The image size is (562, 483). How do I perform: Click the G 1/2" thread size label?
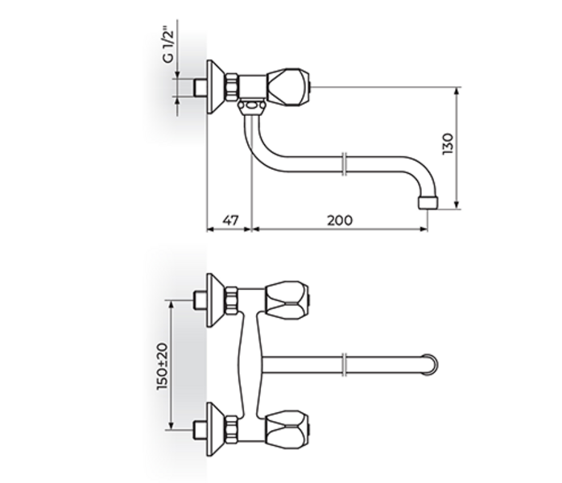click(x=168, y=47)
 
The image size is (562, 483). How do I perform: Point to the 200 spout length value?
click(x=339, y=219)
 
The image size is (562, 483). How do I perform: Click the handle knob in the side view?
click(x=287, y=84)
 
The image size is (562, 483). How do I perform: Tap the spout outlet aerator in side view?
click(x=428, y=199)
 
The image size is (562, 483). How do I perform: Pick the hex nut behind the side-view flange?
click(x=232, y=86)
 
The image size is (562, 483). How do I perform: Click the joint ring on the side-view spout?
click(x=345, y=164)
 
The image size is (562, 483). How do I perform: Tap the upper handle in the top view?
click(x=287, y=298)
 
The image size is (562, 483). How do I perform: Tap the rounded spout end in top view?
click(x=432, y=363)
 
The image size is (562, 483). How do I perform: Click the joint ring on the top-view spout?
click(x=345, y=363)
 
